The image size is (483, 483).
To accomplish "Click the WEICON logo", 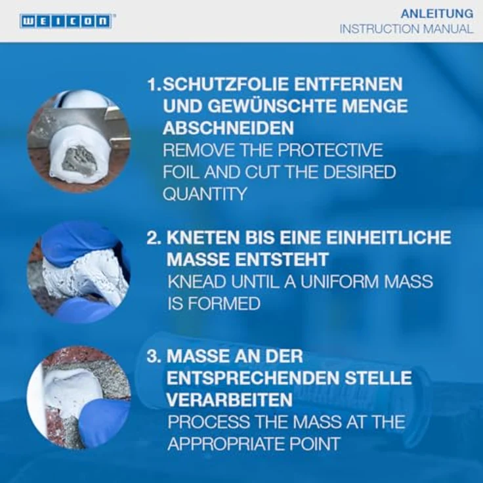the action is pos(66,21).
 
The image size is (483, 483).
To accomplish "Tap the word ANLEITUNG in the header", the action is pos(437,14).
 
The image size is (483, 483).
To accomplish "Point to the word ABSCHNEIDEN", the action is pos(228,128).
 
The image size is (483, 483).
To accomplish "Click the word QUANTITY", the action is pos(205,194).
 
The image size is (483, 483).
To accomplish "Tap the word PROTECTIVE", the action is pos(330,150).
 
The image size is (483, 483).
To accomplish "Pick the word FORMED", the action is pos(224,303).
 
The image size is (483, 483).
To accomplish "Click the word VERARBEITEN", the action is pos(230,400).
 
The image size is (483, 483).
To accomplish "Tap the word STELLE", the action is pos(378,378).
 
